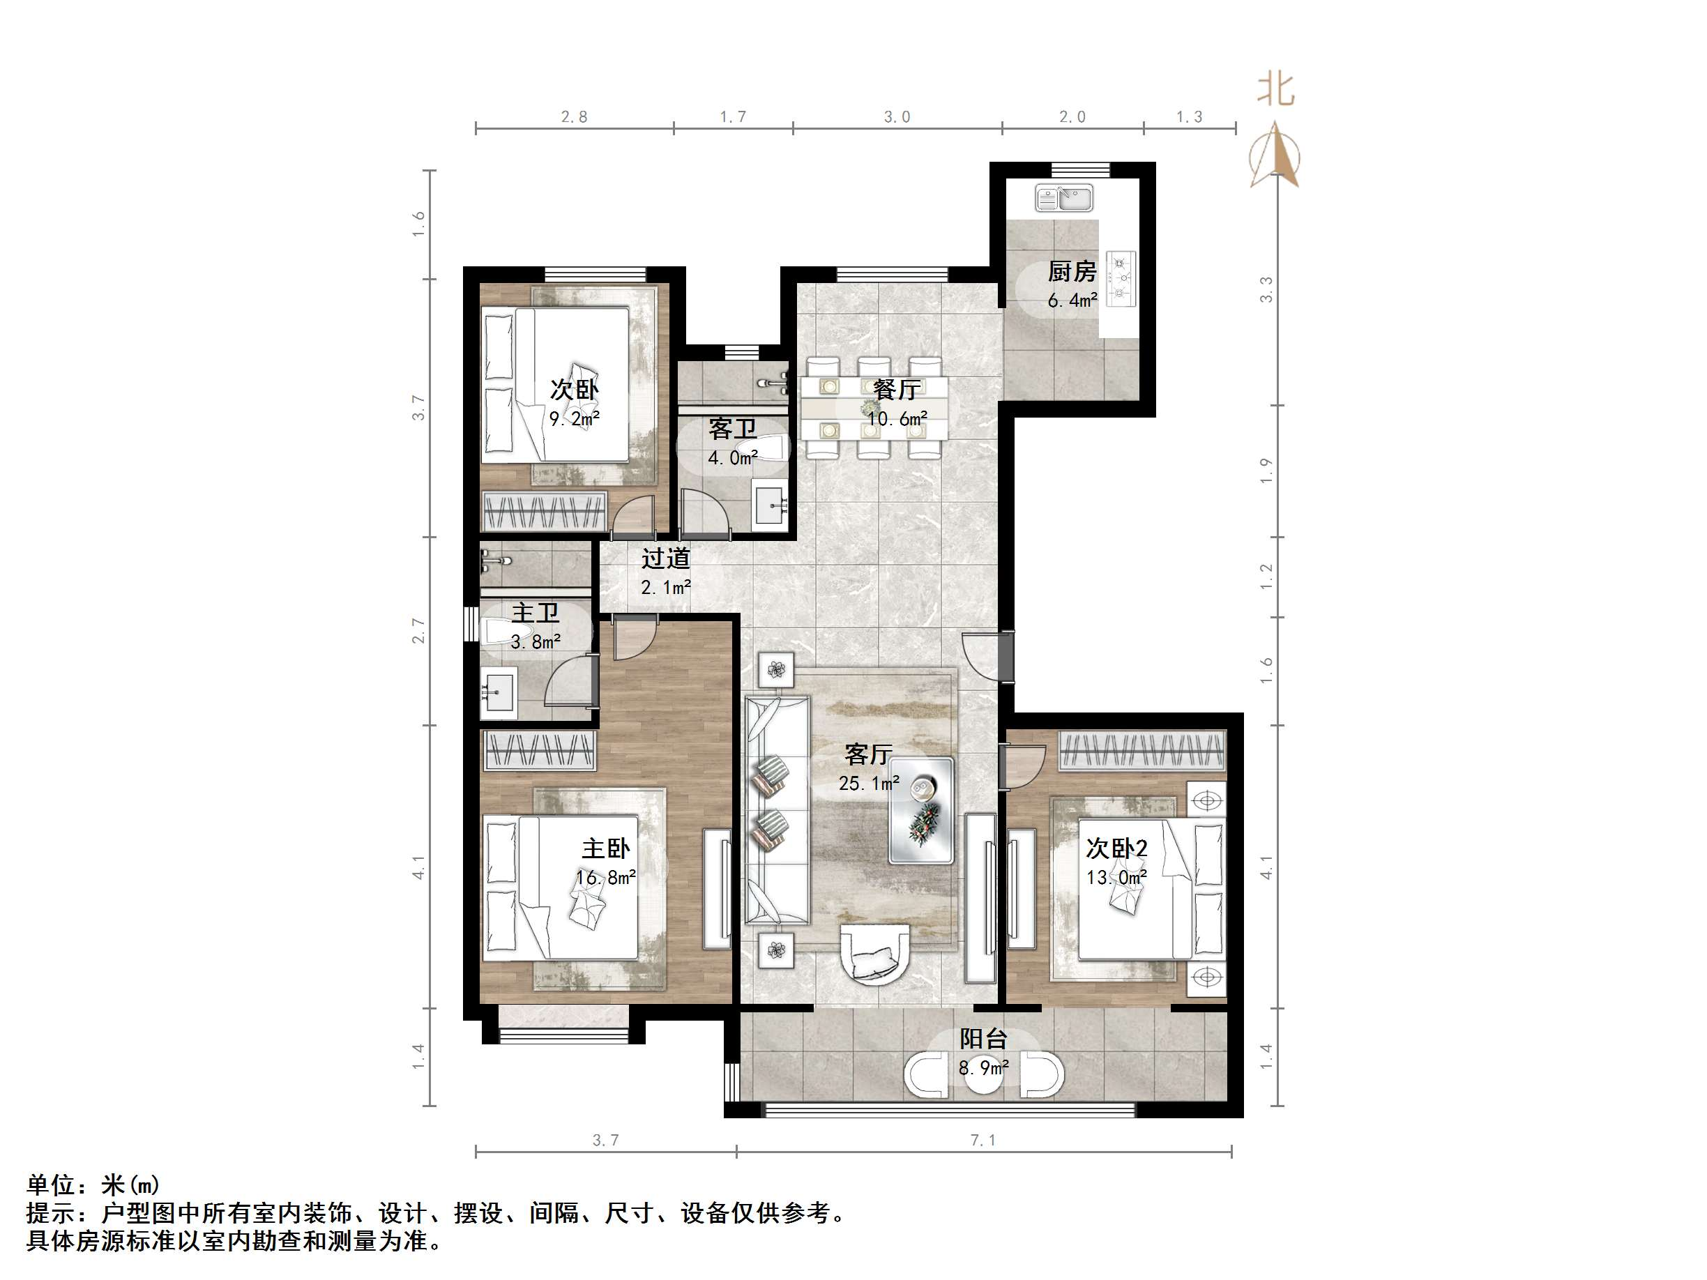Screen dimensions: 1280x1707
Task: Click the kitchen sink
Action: (x=1063, y=198)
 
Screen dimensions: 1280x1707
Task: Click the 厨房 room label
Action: (x=1072, y=272)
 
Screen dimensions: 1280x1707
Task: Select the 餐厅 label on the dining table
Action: (x=896, y=390)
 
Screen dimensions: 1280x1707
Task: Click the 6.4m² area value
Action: (x=1072, y=300)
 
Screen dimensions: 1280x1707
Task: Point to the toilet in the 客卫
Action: (x=767, y=448)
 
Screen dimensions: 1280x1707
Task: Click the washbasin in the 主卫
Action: (x=499, y=692)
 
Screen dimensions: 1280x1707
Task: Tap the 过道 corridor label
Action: (x=665, y=558)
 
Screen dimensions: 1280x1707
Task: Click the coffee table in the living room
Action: (x=920, y=809)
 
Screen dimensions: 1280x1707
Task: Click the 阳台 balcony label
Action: (x=983, y=1039)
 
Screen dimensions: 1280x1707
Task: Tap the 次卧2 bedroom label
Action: (x=1116, y=848)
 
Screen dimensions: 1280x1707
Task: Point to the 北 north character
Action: (x=1275, y=89)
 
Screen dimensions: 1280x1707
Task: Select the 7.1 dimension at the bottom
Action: (x=983, y=1140)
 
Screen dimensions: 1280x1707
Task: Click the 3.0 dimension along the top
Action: (x=897, y=116)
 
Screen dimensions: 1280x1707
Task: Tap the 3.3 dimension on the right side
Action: (x=1266, y=289)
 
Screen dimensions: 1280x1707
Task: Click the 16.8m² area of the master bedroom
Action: (x=606, y=877)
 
